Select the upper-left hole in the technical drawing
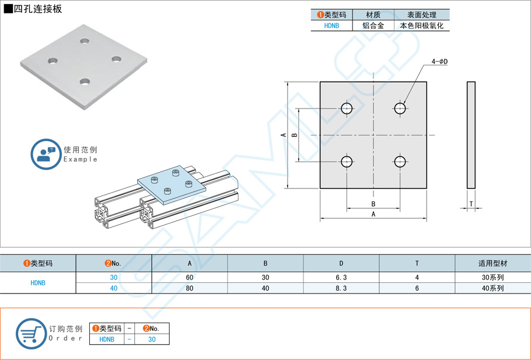point(347,108)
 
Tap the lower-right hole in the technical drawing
point(400,161)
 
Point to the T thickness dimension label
point(471,204)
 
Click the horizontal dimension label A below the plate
point(373,214)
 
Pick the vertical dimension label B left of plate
point(294,135)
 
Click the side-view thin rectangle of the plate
point(471,135)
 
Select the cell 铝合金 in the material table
point(373,26)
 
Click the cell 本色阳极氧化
point(421,26)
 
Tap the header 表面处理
point(421,15)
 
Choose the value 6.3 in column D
point(341,278)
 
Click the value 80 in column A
point(190,288)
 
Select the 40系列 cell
point(492,288)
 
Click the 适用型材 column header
point(492,264)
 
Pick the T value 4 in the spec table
point(417,278)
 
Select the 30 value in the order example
point(152,339)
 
